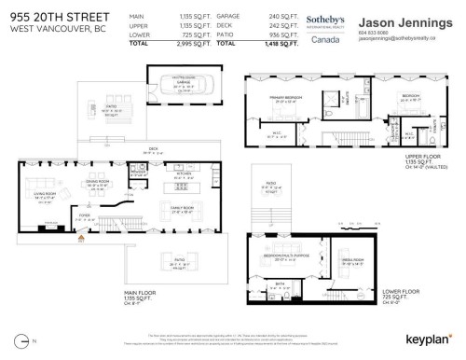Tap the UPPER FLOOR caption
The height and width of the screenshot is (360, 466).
pos(421,158)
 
